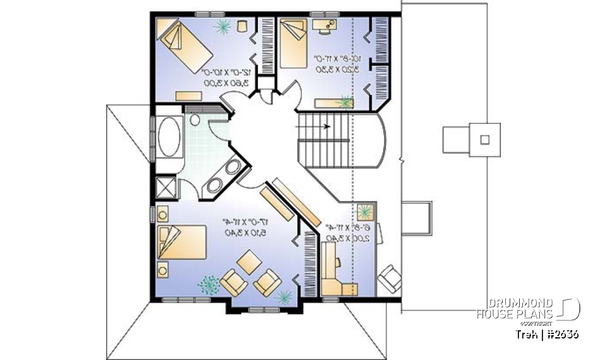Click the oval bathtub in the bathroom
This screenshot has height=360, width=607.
[168, 136]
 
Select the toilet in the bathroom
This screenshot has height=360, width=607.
[195, 119]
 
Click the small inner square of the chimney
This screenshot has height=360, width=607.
[485, 139]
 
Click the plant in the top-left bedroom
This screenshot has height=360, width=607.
[223, 26]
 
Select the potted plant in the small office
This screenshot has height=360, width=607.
[365, 212]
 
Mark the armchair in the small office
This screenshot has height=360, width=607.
[390, 276]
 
